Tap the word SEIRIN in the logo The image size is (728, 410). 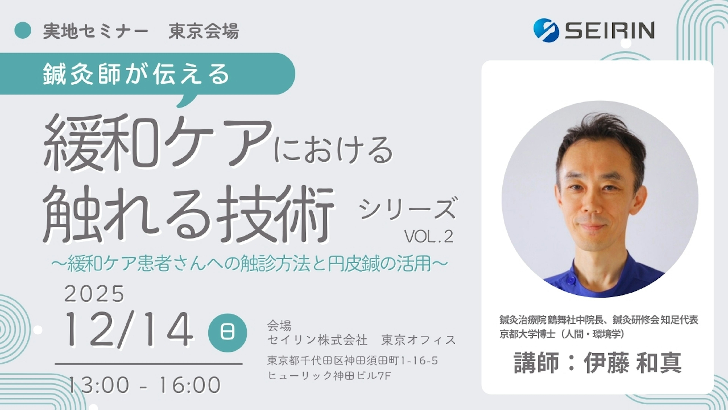(610, 30)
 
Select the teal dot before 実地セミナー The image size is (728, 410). (23, 30)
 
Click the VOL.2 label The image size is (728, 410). (429, 237)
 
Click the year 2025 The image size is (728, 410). (94, 294)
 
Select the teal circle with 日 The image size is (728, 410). (227, 333)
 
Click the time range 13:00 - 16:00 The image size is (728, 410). (144, 385)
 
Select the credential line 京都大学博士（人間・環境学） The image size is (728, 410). (562, 334)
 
